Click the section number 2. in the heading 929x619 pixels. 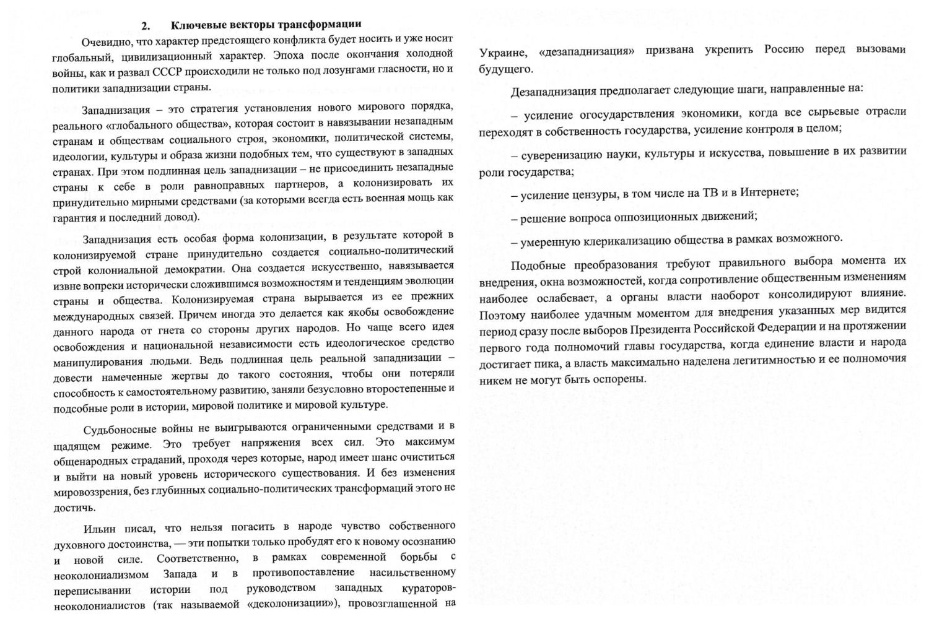point(146,26)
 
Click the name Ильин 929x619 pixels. point(98,529)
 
